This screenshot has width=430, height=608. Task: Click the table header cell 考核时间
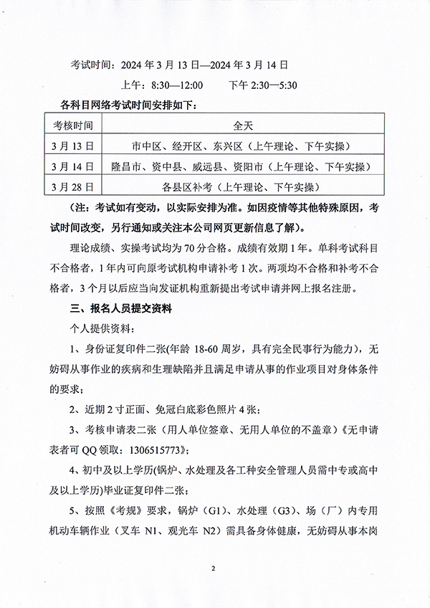[x=73, y=125]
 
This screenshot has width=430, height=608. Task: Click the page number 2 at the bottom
[x=214, y=569]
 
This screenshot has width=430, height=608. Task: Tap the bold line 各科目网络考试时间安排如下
[x=119, y=105]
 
